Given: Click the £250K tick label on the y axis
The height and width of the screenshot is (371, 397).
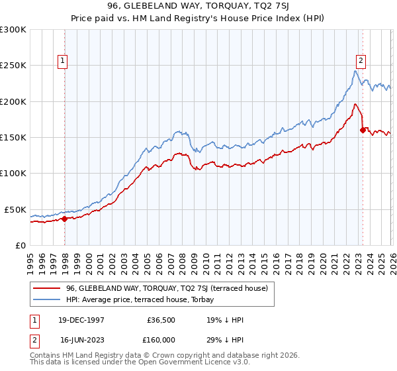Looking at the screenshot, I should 14,66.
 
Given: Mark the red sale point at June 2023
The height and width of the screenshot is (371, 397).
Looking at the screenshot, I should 363,131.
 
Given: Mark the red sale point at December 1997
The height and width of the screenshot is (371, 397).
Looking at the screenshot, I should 65,219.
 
